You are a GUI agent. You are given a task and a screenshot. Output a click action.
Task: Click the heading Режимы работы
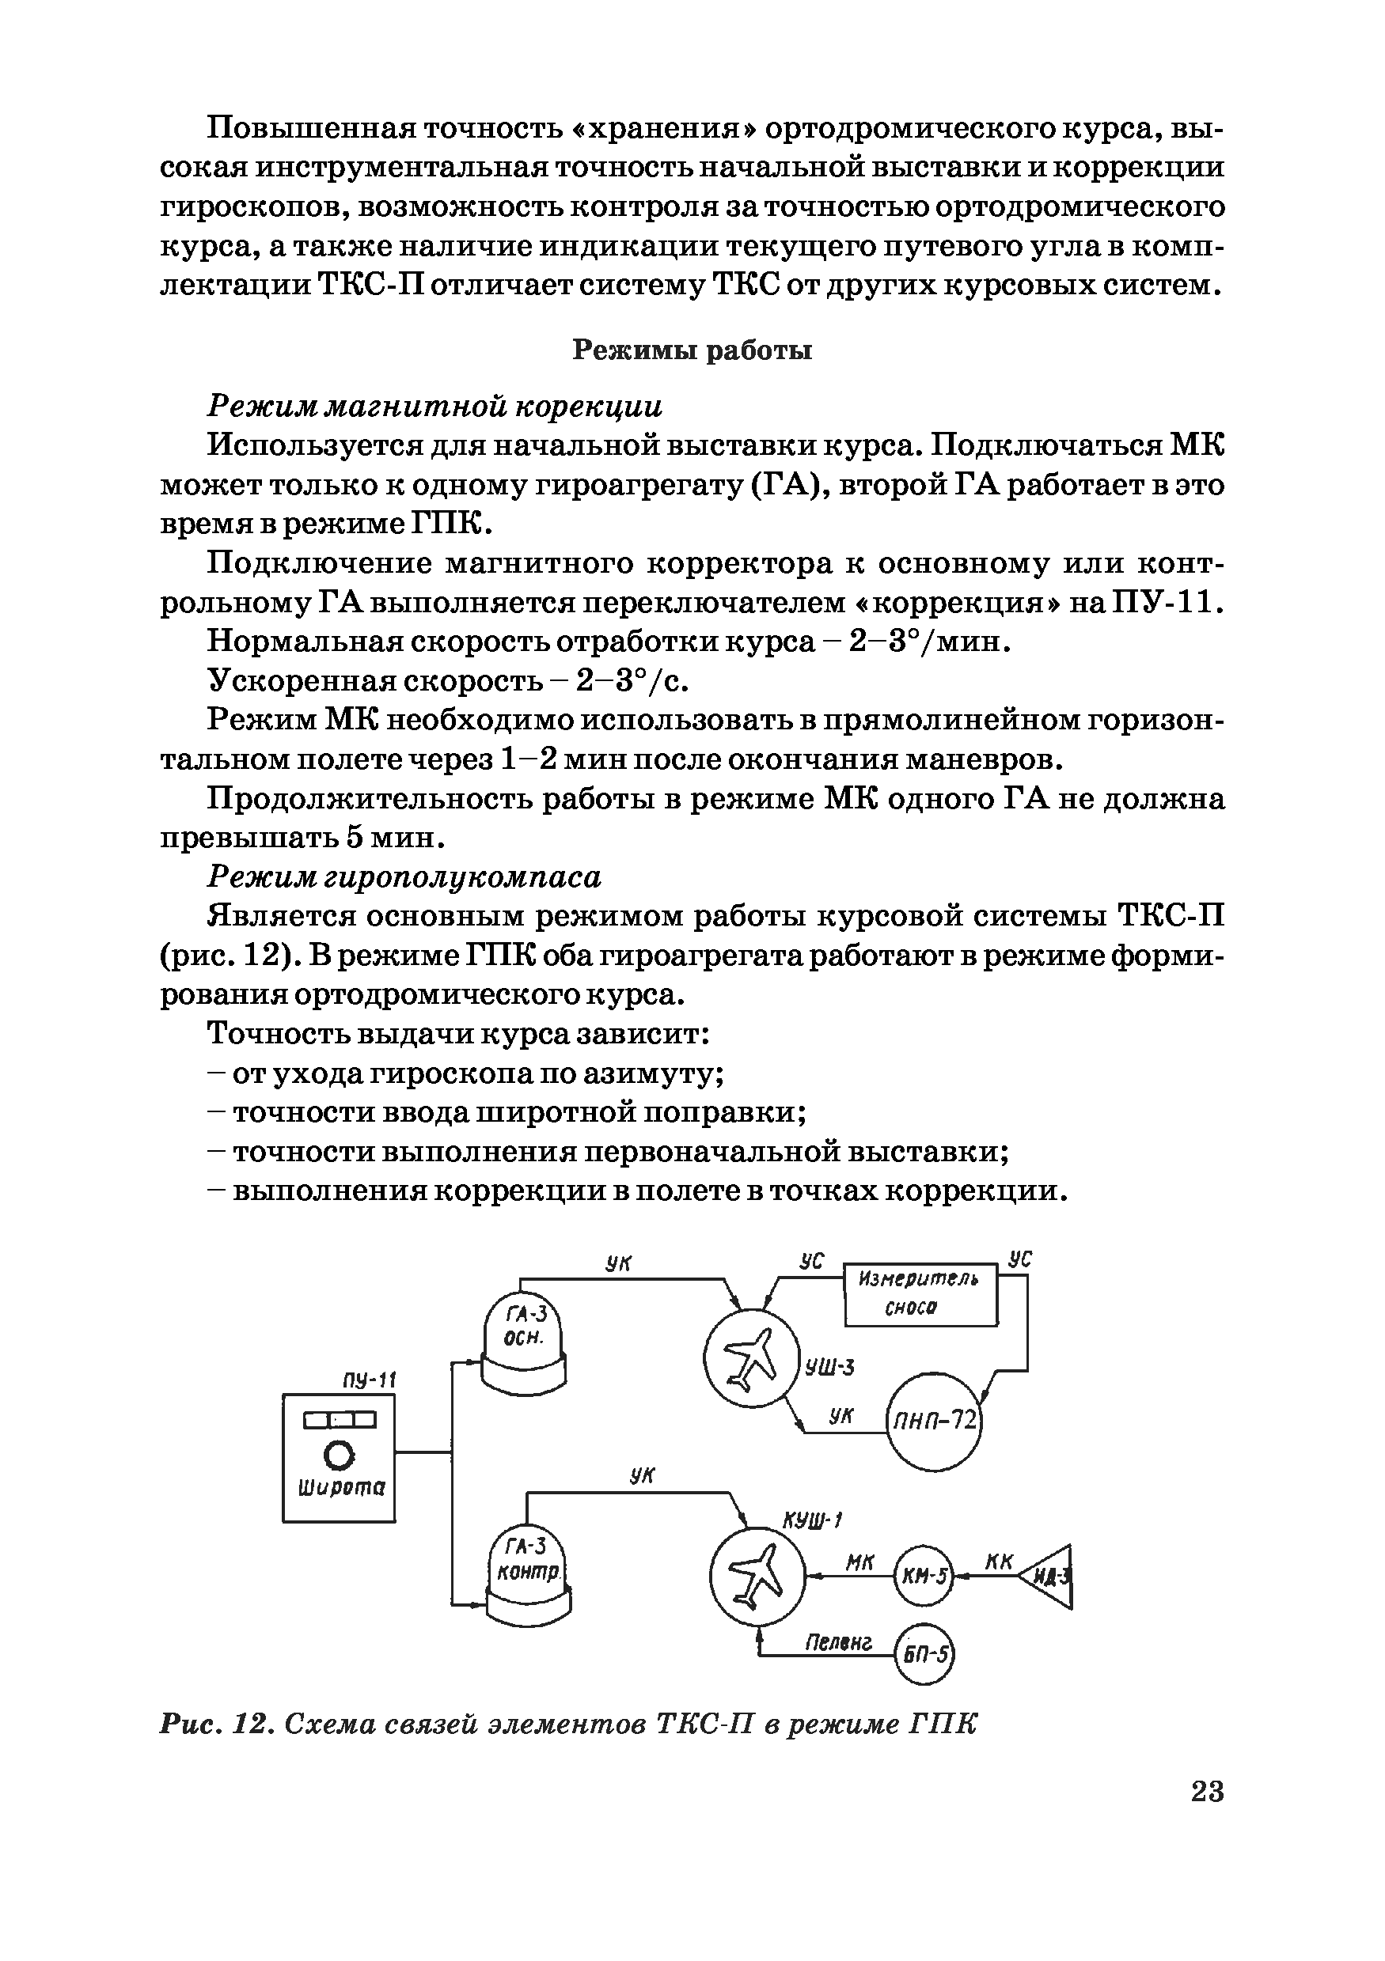691,350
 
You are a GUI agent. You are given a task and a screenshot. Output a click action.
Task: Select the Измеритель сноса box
920,1294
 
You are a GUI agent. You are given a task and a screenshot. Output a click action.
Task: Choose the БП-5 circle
923,1653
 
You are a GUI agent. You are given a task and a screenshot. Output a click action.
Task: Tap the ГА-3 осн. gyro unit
524,1339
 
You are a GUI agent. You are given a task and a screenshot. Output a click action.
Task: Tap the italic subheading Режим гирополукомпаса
405,877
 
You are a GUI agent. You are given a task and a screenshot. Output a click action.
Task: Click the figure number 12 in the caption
250,1724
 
